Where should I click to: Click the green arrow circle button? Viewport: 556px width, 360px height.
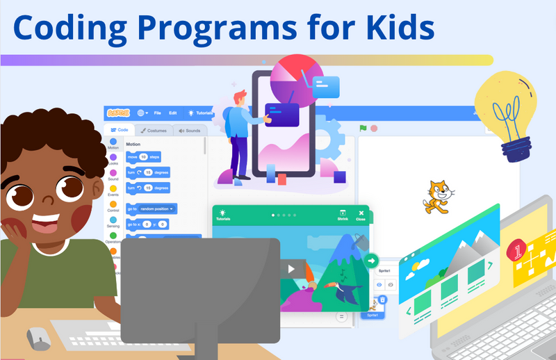tap(372, 261)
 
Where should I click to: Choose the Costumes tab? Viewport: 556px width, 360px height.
tap(151, 130)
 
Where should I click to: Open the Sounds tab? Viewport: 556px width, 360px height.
tap(188, 130)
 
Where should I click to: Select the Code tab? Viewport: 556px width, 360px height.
tap(119, 130)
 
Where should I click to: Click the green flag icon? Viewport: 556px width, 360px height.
tap(362, 128)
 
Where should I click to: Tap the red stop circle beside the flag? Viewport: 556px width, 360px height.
tap(373, 128)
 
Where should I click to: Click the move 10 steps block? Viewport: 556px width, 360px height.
tap(143, 157)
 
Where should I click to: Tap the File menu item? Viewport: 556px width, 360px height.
tap(157, 113)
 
